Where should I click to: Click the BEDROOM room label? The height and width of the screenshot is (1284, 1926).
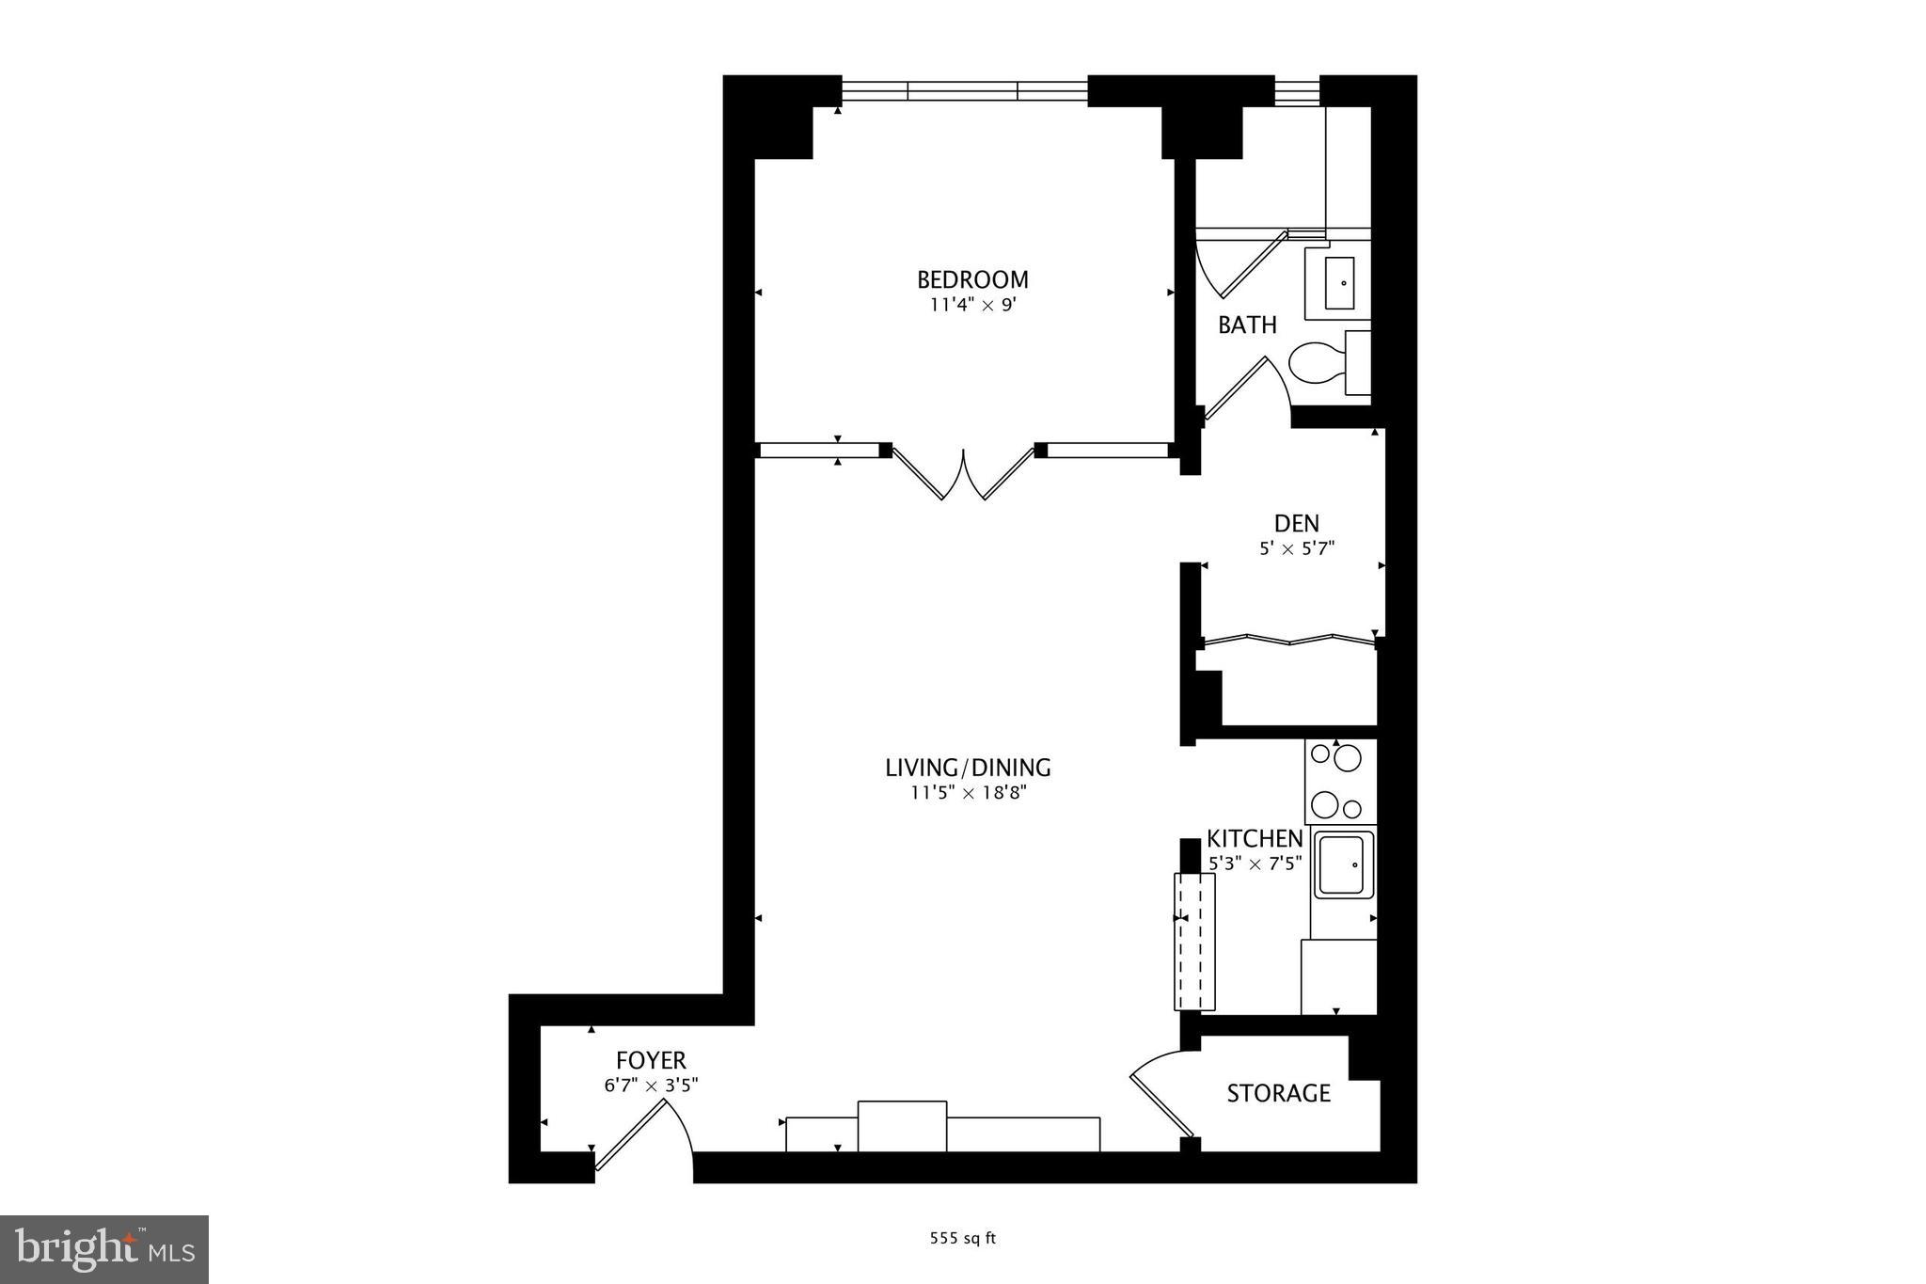(972, 279)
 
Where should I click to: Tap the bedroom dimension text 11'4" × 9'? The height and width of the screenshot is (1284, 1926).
(972, 305)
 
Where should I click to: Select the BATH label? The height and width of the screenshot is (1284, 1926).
(1247, 325)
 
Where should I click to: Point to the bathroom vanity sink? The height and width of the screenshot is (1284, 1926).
(1339, 282)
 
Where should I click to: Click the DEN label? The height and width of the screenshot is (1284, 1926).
(1296, 523)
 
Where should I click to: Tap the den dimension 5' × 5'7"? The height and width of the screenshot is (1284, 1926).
(1296, 548)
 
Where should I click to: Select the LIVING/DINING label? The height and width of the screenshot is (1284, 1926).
(968, 768)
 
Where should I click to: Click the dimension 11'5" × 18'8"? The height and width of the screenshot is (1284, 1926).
(968, 793)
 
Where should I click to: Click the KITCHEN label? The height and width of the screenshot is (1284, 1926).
(1255, 838)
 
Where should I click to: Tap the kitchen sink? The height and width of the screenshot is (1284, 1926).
(1344, 864)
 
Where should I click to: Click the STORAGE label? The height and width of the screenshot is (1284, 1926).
(1278, 1093)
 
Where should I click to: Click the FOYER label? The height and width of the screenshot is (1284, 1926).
(651, 1061)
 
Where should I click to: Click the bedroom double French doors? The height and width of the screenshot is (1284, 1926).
(963, 474)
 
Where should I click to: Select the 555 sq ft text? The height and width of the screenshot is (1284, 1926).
(962, 1239)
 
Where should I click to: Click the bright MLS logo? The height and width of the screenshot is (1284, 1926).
(104, 1249)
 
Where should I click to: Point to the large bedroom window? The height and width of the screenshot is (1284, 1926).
(964, 91)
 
